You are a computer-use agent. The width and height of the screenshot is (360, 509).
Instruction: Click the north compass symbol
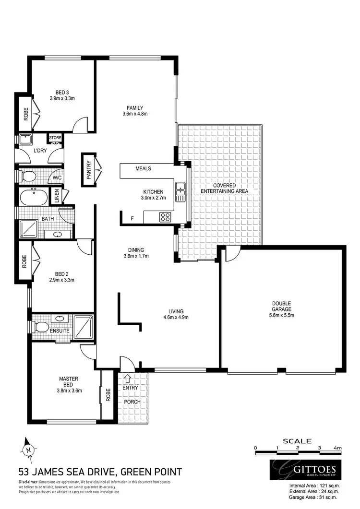pos(28,449)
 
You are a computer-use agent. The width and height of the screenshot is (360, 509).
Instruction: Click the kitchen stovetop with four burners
pos(166,216)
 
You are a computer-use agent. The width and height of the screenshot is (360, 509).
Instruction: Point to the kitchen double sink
pos(180,191)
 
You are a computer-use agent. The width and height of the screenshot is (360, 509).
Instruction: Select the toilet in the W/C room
pos(28,176)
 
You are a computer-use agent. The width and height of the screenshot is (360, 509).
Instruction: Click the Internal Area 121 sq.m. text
pos(314,485)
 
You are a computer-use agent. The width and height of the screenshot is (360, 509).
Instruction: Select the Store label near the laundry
pos(55,138)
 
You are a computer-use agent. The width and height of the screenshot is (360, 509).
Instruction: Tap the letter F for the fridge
pos(132,219)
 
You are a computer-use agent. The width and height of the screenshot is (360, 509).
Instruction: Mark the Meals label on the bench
pos(144,168)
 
